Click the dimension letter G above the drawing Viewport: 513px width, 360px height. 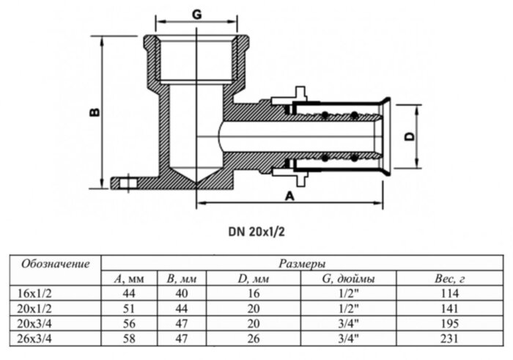coord(196,14)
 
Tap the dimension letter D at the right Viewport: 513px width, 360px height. coord(410,136)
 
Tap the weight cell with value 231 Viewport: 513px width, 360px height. coord(449,338)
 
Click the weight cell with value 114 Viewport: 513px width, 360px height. coord(449,293)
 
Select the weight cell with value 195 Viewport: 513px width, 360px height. coord(449,323)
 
